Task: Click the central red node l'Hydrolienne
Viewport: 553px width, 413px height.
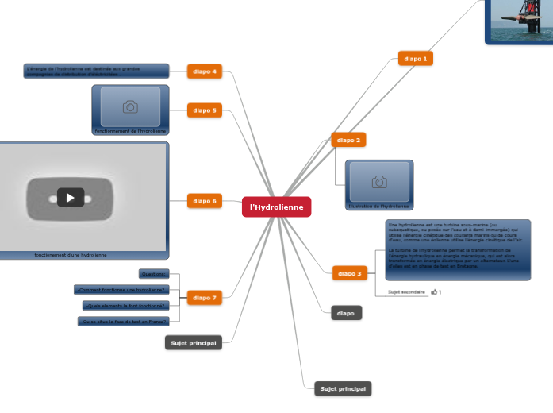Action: tap(276, 206)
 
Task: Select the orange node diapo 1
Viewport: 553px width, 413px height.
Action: tap(415, 58)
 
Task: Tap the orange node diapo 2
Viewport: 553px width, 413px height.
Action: tap(348, 140)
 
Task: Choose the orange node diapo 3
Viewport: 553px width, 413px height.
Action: tap(348, 273)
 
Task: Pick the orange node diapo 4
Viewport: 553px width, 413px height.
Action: tap(204, 71)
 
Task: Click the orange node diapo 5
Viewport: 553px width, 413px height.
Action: tap(204, 110)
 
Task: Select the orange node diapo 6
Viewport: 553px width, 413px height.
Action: tap(204, 201)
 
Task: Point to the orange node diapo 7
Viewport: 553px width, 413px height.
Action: tap(204, 298)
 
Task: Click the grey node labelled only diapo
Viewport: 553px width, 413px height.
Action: tap(346, 313)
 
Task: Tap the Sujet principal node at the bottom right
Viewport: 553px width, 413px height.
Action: tap(343, 388)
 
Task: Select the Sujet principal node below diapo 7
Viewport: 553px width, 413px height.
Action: tap(193, 342)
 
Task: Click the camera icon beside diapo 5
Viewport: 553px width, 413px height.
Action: tap(130, 106)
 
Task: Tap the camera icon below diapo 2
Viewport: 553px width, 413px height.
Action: tap(379, 182)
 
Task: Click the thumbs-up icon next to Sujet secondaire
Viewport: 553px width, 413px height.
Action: tap(433, 292)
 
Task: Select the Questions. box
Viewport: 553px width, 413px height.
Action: tap(154, 274)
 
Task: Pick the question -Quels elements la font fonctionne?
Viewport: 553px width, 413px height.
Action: tap(125, 305)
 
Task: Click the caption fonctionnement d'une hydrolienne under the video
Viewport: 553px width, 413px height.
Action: tap(71, 255)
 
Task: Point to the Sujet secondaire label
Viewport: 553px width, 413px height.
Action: tap(406, 292)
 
